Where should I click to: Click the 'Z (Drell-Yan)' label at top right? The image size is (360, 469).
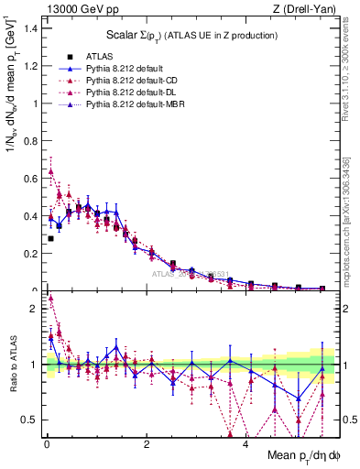coord(310,8)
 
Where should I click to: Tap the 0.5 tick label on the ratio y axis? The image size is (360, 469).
coord(29,420)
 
